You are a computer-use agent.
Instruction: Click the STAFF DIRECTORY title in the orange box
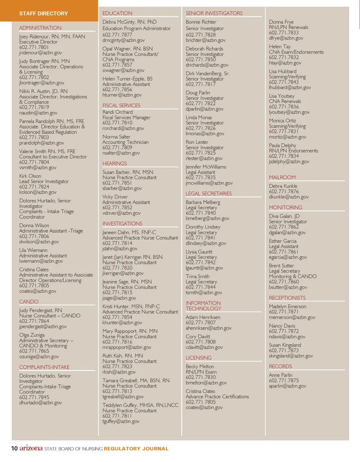tap(43, 13)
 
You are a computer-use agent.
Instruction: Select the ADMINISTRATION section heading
tap(40, 28)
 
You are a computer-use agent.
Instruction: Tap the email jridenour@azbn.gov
tap(40, 53)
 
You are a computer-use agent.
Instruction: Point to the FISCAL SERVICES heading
tap(121, 105)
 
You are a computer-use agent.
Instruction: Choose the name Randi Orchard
tap(118, 112)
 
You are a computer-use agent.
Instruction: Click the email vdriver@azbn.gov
tap(121, 213)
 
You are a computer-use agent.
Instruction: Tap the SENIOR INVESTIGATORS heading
tap(214, 13)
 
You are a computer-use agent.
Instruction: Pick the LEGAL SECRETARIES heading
tap(209, 193)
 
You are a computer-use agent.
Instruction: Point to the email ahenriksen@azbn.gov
tap(208, 328)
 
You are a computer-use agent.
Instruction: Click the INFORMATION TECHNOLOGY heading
tap(204, 306)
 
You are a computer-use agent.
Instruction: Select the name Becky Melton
tap(200, 366)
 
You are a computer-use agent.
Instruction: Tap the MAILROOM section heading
tap(282, 177)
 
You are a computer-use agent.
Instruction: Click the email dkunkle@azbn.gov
tap(289, 197)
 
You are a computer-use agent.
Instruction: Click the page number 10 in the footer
tap(14, 449)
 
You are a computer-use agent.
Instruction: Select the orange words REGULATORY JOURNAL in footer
tap(136, 449)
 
